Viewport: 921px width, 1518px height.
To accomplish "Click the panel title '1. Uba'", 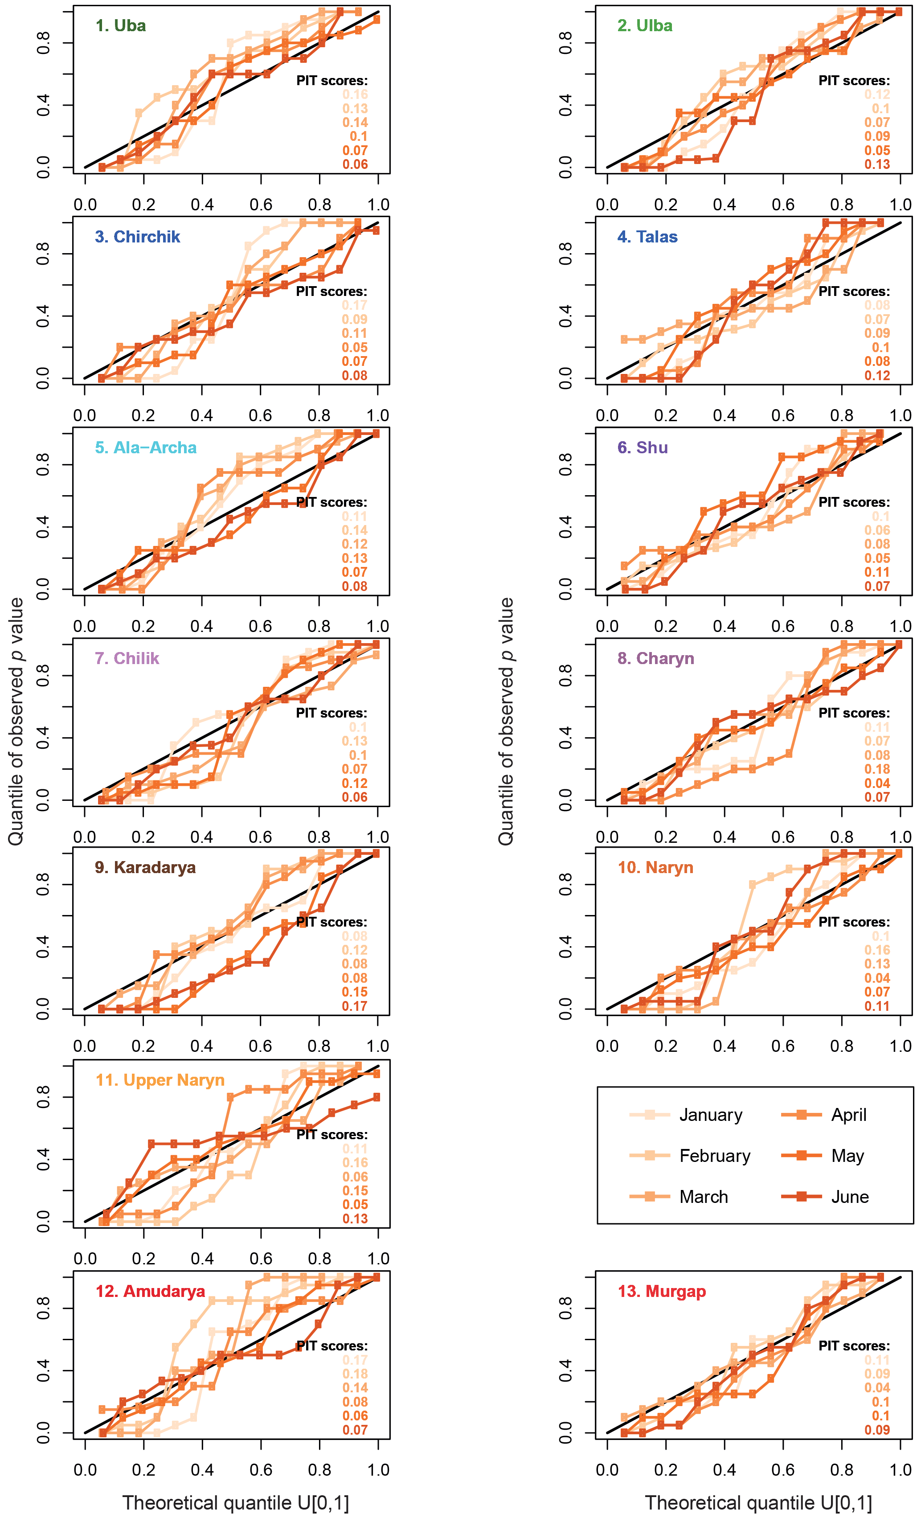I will (121, 26).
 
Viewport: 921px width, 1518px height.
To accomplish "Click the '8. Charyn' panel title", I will (655, 659).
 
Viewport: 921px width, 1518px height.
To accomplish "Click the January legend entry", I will (710, 1115).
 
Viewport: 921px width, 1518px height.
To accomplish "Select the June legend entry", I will (850, 1197).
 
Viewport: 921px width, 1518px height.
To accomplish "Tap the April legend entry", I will (848, 1115).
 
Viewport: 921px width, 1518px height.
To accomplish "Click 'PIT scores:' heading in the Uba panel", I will (332, 81).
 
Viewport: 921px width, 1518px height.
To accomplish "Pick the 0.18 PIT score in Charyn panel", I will (876, 769).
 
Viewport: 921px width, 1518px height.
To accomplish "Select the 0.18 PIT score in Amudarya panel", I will (355, 1374).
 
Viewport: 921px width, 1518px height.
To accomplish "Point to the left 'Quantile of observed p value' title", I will (16, 721).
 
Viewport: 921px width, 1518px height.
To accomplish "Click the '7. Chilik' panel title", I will (127, 659).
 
